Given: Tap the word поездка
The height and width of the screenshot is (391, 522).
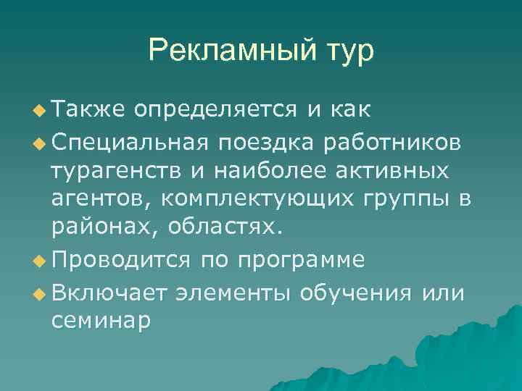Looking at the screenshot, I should coord(275,142).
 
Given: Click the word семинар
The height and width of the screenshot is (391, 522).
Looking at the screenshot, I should coord(101,321).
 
